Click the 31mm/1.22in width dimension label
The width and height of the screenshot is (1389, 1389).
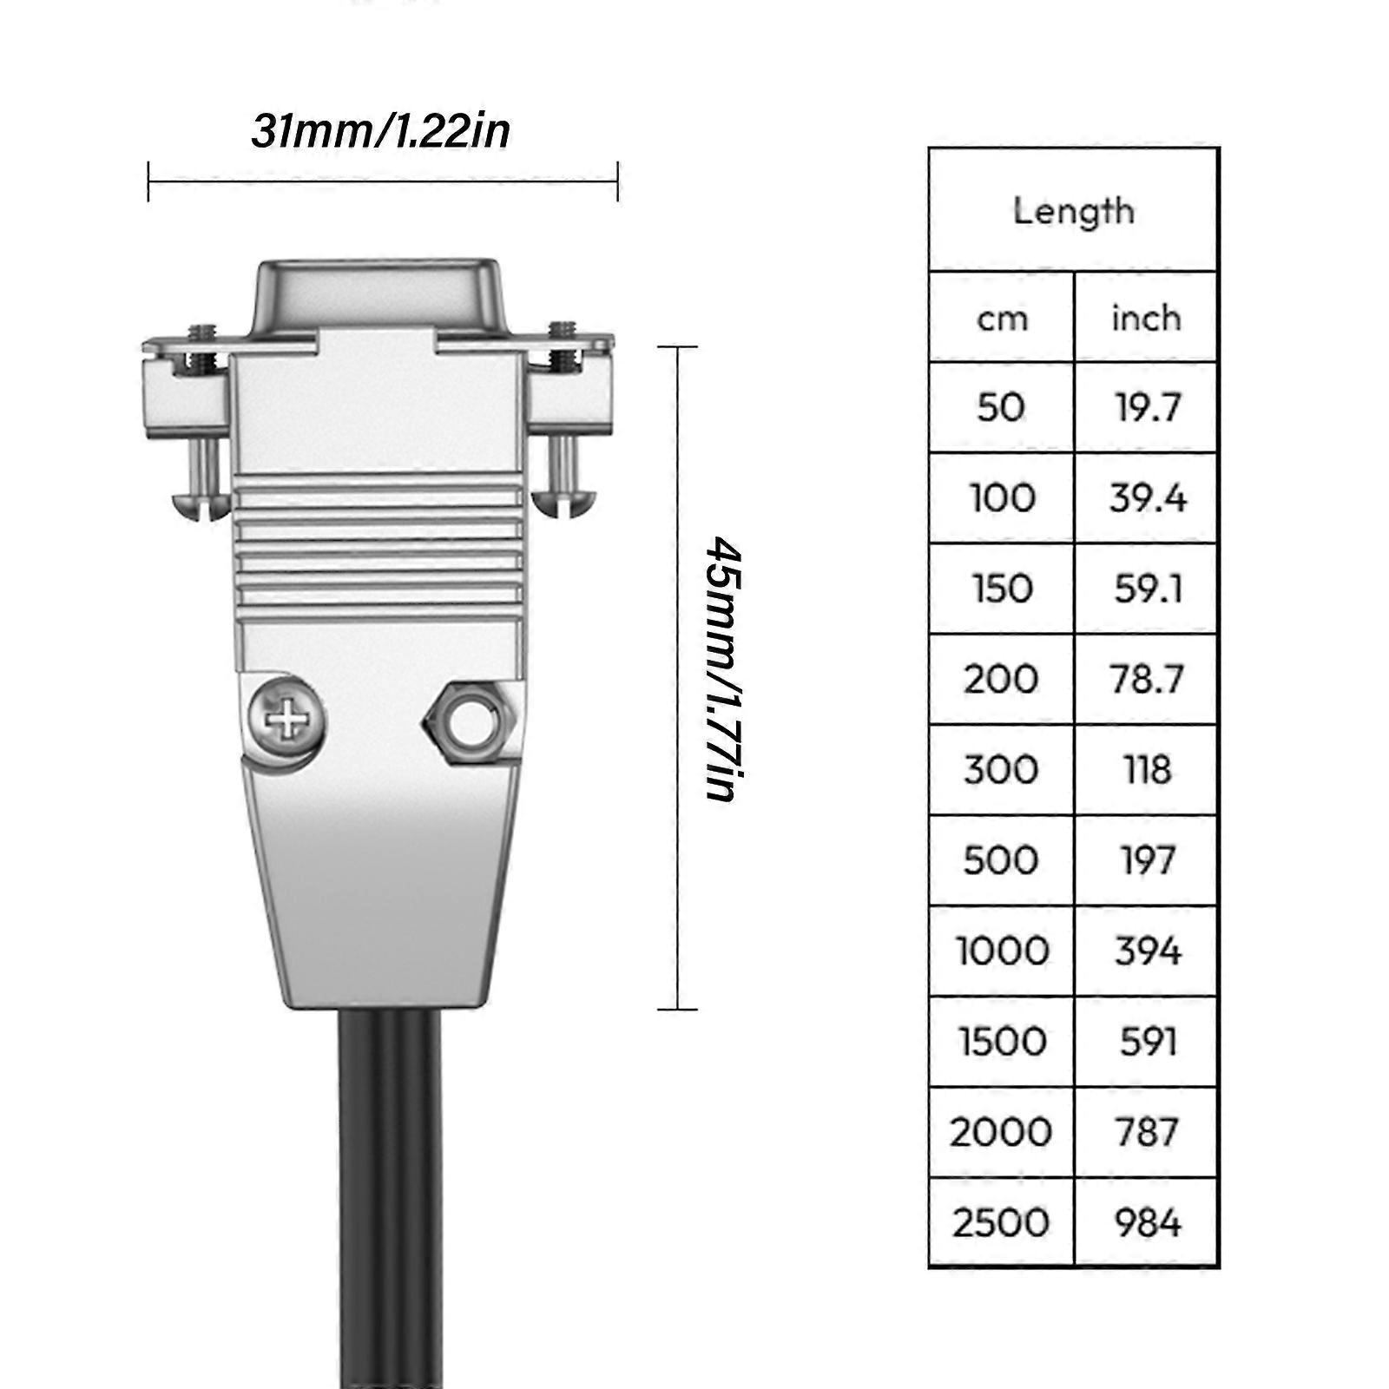point(380,132)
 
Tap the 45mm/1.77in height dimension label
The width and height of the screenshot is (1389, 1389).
point(722,668)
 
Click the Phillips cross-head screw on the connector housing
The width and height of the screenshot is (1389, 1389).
point(286,720)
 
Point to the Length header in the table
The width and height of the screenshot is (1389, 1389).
point(1073,211)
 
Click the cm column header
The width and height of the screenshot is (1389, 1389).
point(1002,319)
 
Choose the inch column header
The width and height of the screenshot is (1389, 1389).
point(1146,319)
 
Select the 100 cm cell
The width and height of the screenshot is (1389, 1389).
point(1002,498)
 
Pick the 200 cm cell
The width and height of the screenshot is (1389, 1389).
point(1001,679)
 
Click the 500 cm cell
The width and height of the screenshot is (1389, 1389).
point(1001,860)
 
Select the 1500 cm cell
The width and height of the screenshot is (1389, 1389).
point(1002,1041)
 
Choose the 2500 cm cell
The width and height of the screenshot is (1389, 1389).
point(1001,1222)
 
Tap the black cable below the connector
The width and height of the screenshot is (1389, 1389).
point(389,1198)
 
